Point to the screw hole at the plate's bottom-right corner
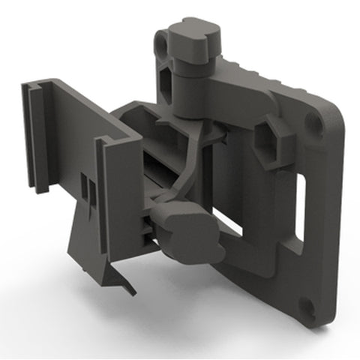pyautogui.click(x=307, y=306)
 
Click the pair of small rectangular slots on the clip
pyautogui.click(x=87, y=196)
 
